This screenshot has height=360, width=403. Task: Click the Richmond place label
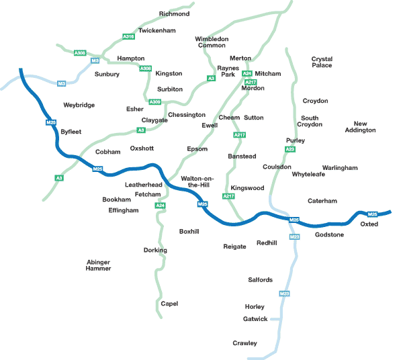click(x=174, y=13)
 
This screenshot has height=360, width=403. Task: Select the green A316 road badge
click(x=128, y=36)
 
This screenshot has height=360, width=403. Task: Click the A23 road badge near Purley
click(x=290, y=149)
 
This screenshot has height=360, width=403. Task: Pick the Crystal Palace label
click(x=322, y=62)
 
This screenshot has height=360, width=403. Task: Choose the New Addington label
click(x=365, y=127)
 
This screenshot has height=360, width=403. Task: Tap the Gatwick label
click(x=255, y=318)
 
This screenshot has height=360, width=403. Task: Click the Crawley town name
click(x=244, y=343)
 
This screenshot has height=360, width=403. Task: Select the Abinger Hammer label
click(x=98, y=265)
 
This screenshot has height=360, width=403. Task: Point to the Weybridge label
click(x=79, y=105)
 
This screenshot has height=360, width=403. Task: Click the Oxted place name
click(x=369, y=224)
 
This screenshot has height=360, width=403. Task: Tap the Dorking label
click(x=155, y=250)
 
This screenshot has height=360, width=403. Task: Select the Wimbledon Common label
click(x=212, y=42)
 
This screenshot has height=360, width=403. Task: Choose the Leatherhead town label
click(x=144, y=184)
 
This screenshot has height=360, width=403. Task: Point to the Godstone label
click(x=329, y=234)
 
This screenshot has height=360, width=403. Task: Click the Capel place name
click(x=169, y=304)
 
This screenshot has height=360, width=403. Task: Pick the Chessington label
click(x=187, y=115)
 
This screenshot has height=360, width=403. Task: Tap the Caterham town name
click(x=322, y=201)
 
